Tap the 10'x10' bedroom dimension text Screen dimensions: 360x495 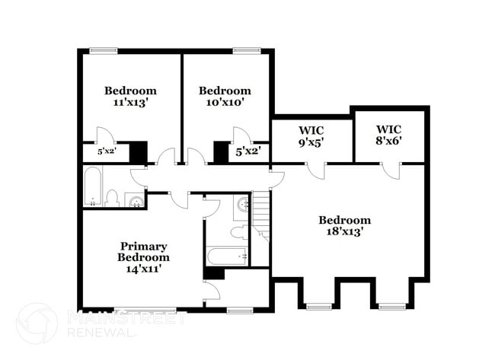tap(225, 101)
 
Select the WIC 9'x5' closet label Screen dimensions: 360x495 tap(311, 141)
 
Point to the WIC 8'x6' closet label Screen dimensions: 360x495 tap(388, 140)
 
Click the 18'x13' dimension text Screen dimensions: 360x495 tap(345, 232)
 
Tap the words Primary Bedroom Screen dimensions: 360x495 tap(143, 252)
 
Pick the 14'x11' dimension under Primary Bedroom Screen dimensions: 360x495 tap(143, 268)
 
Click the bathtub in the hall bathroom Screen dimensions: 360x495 tap(92, 188)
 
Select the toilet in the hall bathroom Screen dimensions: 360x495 tap(112, 199)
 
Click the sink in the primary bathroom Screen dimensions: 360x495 tap(243, 205)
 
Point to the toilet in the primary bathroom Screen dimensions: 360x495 tap(238, 231)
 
